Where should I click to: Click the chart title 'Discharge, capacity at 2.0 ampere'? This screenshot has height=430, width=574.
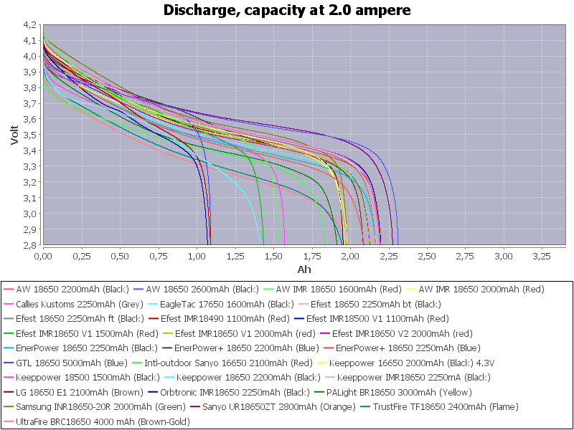(x=287, y=10)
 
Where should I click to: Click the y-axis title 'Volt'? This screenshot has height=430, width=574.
(x=14, y=133)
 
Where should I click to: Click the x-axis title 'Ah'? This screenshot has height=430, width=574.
(x=305, y=269)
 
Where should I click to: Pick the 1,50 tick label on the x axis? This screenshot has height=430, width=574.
(x=273, y=255)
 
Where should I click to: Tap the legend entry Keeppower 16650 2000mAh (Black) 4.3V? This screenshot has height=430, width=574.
(x=383, y=363)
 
